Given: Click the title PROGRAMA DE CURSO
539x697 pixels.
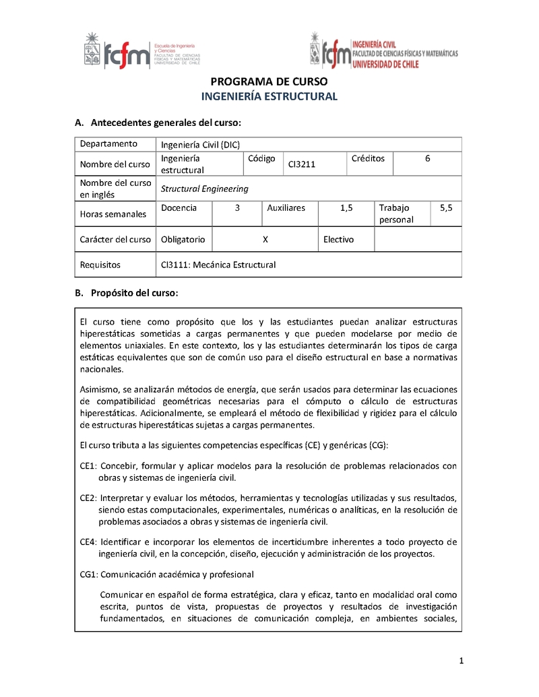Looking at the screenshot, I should point(269,81).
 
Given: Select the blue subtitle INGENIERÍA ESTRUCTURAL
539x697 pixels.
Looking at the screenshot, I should point(269,96).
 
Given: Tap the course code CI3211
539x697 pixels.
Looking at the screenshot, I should point(302,164).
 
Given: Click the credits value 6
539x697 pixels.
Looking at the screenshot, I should point(427,159).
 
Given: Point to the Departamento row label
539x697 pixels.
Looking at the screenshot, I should point(108,144).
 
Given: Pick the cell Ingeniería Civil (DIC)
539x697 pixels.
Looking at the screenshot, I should point(200,144).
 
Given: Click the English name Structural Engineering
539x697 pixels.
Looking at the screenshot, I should point(204,189).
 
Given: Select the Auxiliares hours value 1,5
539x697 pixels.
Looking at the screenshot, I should point(346,208).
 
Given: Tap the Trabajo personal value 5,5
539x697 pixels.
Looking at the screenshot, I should point(446,208).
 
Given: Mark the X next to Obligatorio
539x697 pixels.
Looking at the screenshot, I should point(265,240).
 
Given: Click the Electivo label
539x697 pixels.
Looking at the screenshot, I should point(338,240).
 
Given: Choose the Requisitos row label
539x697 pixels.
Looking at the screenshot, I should point(100,265).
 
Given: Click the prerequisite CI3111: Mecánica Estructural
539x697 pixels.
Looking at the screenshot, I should point(218,265).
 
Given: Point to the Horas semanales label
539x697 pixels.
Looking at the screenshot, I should point(113,214).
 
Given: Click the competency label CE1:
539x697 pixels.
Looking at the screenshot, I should point(89,466).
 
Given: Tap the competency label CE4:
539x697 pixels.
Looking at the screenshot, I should point(89,542).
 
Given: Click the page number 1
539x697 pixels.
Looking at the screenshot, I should point(462,661).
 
